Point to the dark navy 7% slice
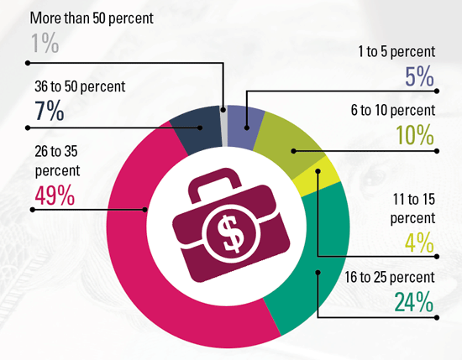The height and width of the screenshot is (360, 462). click(197, 129)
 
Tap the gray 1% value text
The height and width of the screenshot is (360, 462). click(45, 44)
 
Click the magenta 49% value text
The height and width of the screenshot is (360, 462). click(55, 196)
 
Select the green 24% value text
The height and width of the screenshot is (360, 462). click(414, 302)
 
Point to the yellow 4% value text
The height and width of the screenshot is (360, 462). click(420, 243)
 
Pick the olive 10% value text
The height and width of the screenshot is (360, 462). click(415, 135)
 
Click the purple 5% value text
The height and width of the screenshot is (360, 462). click(419, 76)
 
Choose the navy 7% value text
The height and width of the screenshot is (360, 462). click(50, 111)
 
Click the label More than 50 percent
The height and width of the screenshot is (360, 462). click(92, 18)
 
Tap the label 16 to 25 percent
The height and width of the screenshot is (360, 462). click(390, 277)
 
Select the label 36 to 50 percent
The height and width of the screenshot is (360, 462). click(80, 86)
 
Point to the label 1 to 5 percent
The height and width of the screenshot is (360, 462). click(396, 51)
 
